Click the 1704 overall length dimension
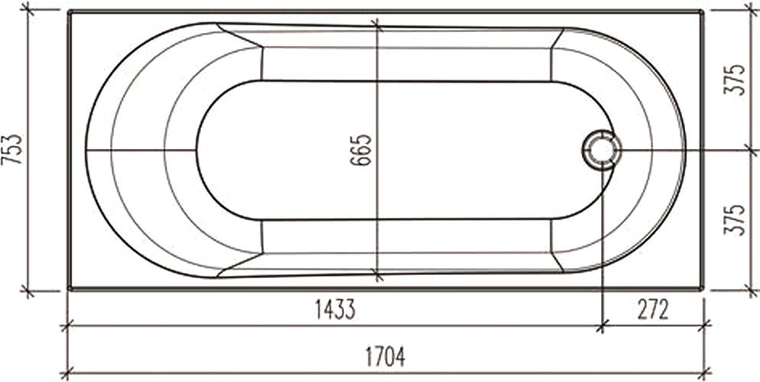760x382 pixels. (385, 358)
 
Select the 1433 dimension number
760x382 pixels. (335, 310)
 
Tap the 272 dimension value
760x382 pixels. (653, 310)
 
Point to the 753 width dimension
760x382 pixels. (12, 150)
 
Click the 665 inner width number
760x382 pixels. (361, 150)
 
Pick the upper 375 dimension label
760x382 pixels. (735, 79)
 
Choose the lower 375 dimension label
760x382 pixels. (735, 219)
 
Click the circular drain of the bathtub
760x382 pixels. (602, 150)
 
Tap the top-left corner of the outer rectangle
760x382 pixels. (70, 11)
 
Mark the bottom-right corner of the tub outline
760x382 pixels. (701, 289)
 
